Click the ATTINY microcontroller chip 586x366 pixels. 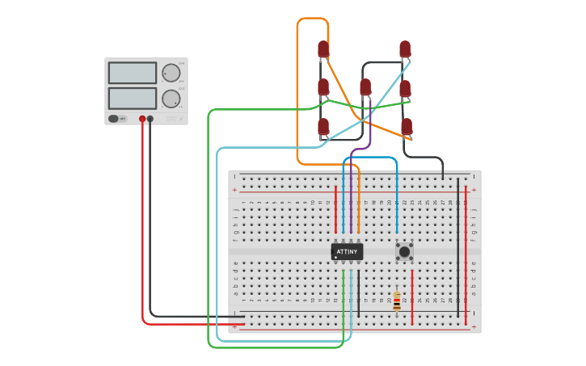(x=347, y=252)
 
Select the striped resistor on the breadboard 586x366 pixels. (x=396, y=301)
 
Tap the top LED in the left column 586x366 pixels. (x=323, y=49)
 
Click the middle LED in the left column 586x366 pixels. (x=323, y=86)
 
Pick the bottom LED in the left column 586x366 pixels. (x=323, y=126)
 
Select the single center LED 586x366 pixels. (x=365, y=86)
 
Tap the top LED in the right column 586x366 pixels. (x=405, y=49)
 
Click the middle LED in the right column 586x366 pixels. (x=405, y=88)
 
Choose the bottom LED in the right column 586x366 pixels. (x=407, y=126)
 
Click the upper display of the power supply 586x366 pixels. (x=132, y=73)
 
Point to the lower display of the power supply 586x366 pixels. (x=132, y=99)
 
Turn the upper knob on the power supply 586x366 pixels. (x=171, y=73)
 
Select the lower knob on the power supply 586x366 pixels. (x=171, y=99)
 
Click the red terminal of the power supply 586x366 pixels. (x=142, y=119)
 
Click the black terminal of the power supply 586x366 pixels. (x=150, y=119)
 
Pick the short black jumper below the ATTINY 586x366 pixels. (x=359, y=291)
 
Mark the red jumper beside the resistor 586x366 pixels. (x=412, y=297)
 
